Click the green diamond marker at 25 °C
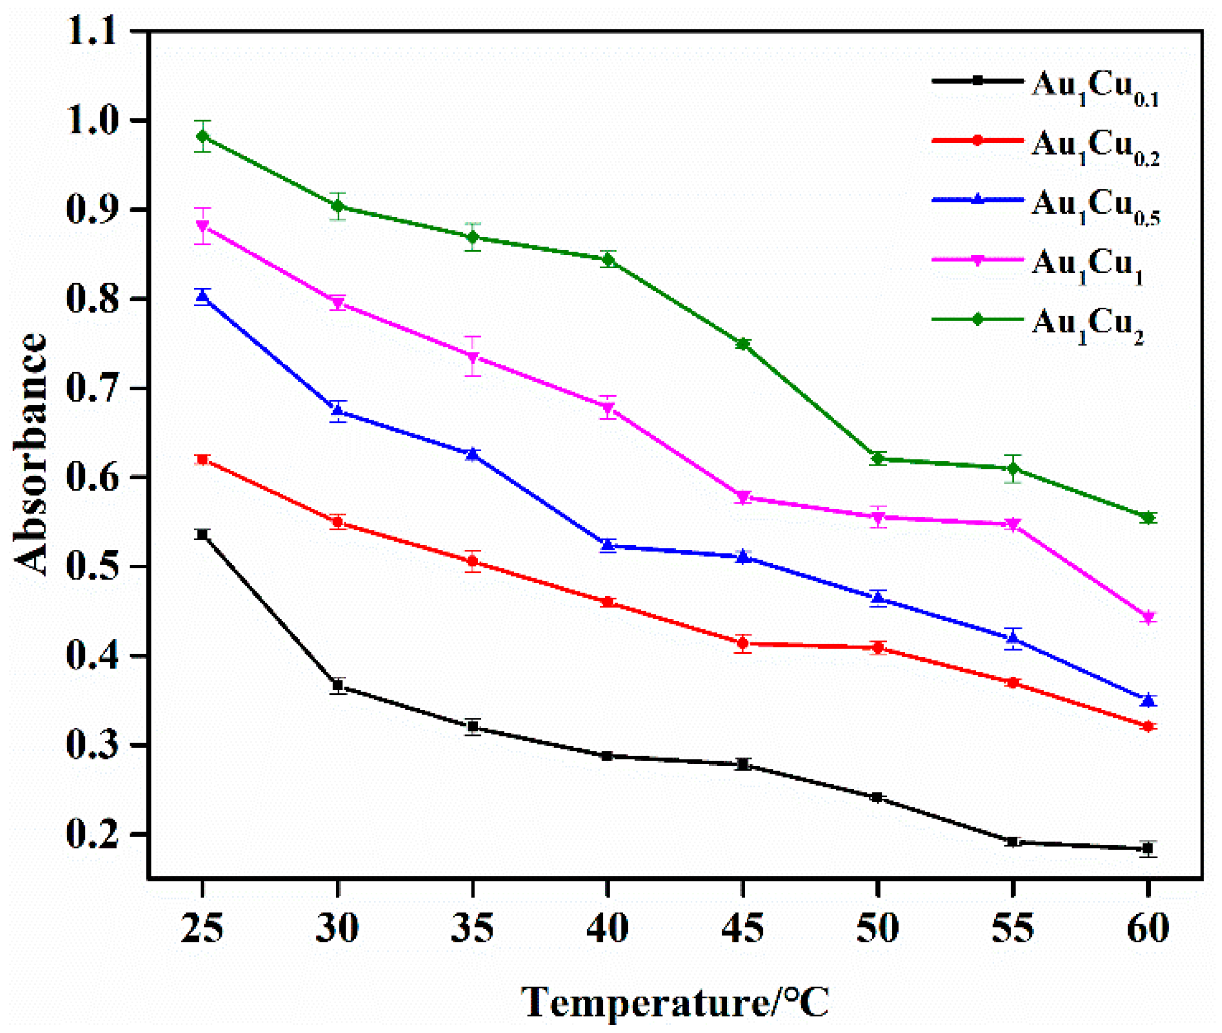point(203,137)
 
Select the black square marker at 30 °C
point(338,685)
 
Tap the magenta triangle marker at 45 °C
point(743,498)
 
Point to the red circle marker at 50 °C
point(877,647)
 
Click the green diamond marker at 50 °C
point(877,459)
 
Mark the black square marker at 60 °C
point(1148,848)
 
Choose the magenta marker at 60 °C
point(1148,617)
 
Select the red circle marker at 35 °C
point(473,562)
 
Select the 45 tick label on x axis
point(743,928)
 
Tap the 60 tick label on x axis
point(1148,928)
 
